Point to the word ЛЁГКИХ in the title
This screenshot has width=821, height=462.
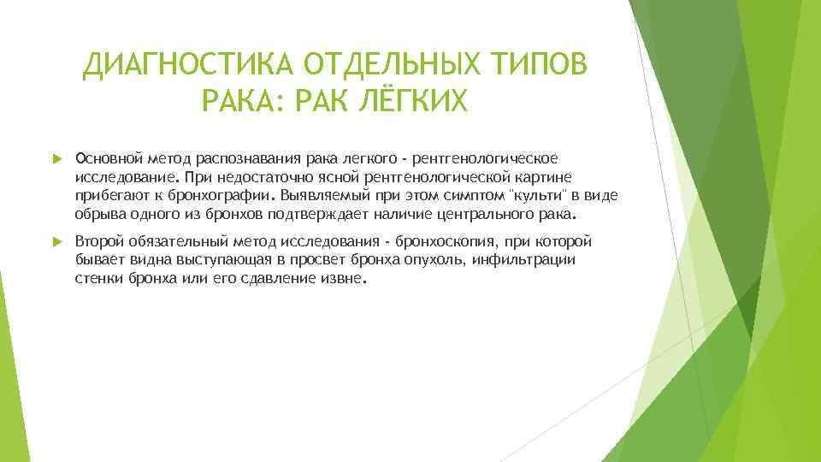coord(413,103)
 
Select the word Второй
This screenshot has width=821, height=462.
coord(99,242)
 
